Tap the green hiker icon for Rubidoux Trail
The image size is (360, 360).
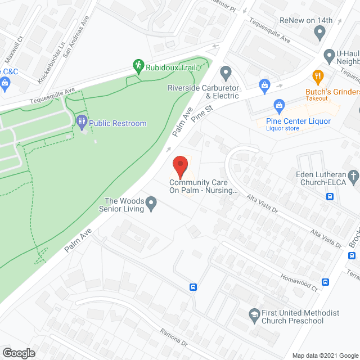(x=138, y=66)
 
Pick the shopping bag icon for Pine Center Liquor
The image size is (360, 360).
(x=278, y=105)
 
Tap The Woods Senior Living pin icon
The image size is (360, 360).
(x=151, y=202)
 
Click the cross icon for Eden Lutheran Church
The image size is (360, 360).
(x=353, y=177)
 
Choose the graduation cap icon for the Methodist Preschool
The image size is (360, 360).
(x=254, y=313)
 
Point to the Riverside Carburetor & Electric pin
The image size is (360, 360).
(x=226, y=72)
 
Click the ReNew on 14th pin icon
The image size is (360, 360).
(x=320, y=33)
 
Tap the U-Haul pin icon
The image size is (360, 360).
(x=330, y=55)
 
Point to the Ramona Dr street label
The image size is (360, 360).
(x=173, y=338)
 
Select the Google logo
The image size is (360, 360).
(x=18, y=353)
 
